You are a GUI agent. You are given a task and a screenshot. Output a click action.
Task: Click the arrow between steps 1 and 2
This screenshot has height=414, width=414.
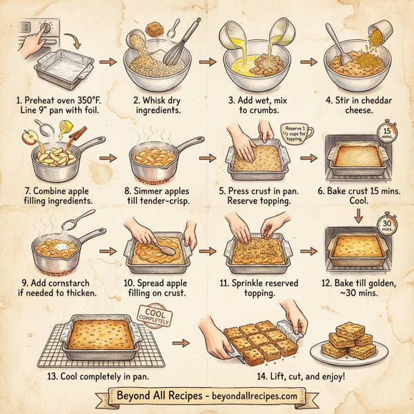107,62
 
